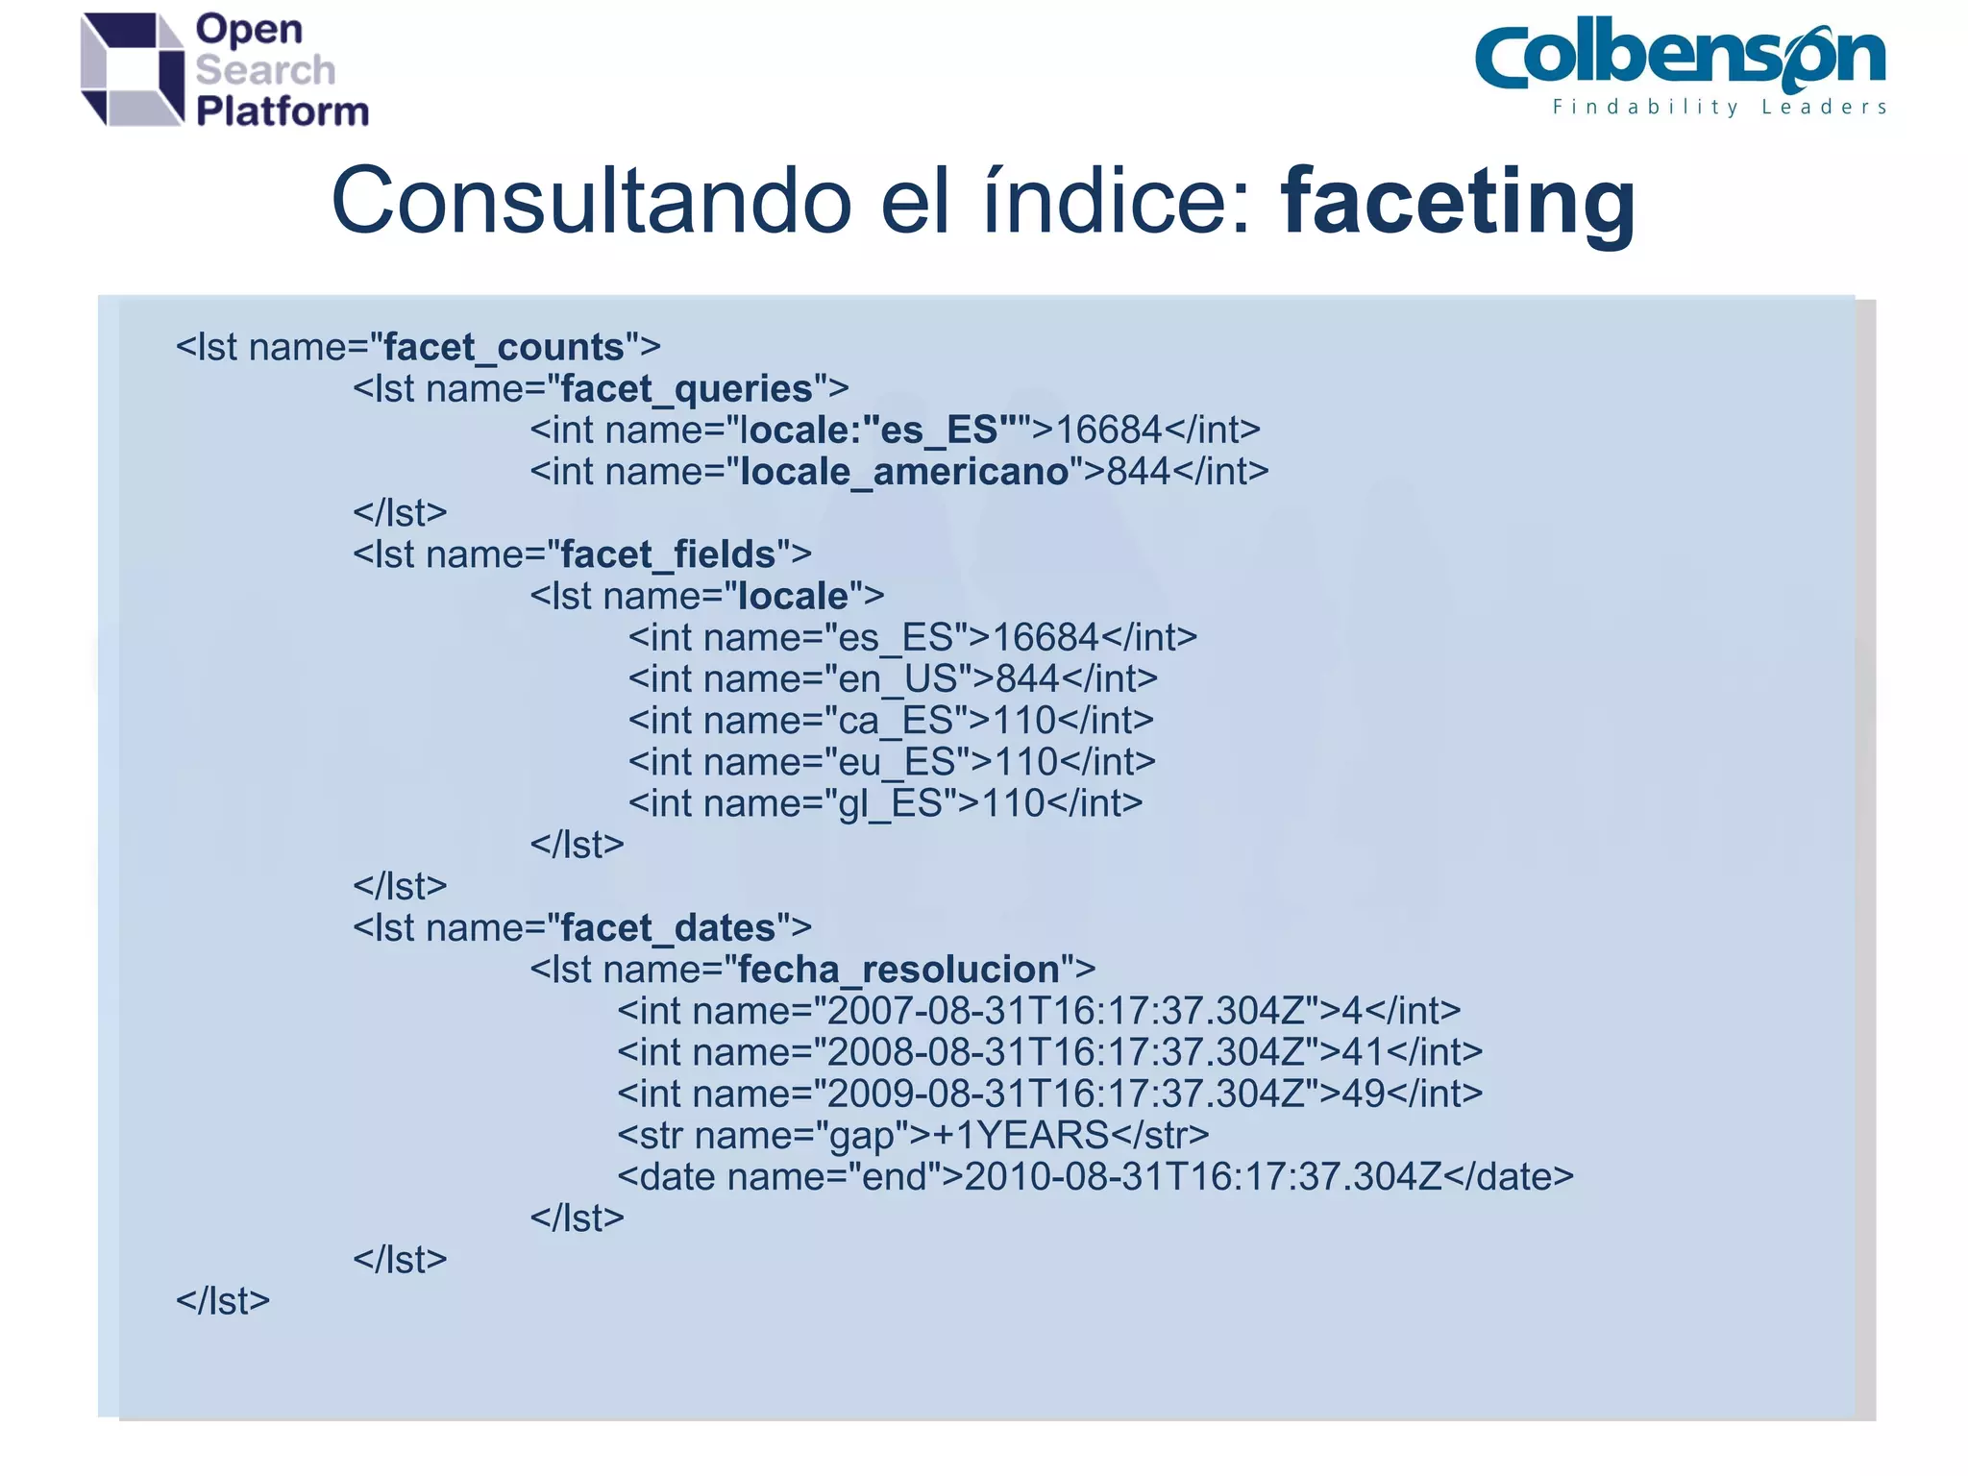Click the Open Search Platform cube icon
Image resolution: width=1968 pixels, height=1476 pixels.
click(133, 69)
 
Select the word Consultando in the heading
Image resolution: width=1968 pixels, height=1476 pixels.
click(591, 202)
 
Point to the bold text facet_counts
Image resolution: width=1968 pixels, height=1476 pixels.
click(504, 348)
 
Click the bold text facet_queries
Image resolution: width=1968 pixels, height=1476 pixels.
click(686, 389)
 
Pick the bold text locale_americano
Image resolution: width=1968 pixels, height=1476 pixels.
click(903, 472)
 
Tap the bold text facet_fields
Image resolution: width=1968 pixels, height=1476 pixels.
click(667, 555)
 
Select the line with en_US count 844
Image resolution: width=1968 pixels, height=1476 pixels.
click(893, 679)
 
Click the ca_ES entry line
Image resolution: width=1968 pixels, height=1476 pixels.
click(891, 721)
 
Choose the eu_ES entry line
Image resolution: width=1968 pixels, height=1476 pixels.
click(892, 762)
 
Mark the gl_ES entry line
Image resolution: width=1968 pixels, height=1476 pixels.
click(885, 803)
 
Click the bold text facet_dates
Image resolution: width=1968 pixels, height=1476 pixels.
click(667, 928)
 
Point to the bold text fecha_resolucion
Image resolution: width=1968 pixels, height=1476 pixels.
click(898, 970)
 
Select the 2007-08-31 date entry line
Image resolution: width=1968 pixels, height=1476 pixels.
click(1038, 1011)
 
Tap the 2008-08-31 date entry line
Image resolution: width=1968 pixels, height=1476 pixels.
click(1049, 1052)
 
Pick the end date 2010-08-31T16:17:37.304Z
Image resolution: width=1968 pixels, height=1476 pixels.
click(1202, 1177)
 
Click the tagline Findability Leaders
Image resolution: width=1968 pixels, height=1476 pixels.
click(1719, 108)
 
